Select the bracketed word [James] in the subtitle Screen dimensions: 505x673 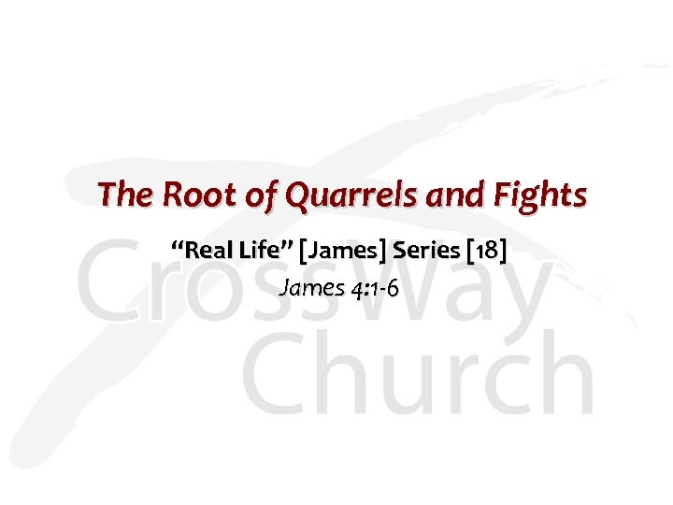346,251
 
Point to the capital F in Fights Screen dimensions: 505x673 509,195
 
